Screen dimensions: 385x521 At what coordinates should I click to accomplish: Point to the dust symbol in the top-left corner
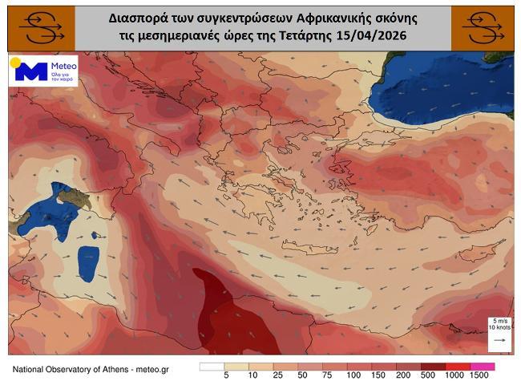click(38, 27)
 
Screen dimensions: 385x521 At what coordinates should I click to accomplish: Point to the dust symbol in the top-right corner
click(483, 27)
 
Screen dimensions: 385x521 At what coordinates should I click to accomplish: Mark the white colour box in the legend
click(212, 367)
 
